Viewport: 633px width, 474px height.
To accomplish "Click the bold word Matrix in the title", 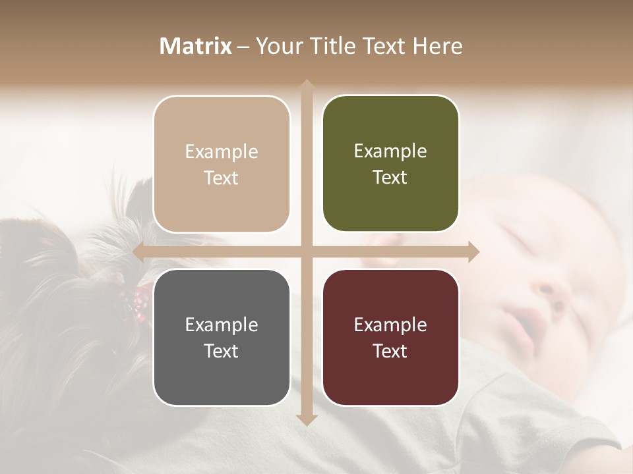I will [196, 46].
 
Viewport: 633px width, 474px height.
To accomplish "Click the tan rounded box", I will [222, 164].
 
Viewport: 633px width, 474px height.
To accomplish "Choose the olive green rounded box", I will [390, 164].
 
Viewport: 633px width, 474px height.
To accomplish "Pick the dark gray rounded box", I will [222, 337].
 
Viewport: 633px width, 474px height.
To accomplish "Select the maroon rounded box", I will [390, 337].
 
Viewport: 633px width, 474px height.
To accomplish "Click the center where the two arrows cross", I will [306, 251].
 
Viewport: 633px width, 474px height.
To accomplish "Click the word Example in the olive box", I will [390, 151].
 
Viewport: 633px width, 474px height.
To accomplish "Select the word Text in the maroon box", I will [390, 351].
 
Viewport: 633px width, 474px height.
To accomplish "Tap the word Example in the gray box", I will [222, 325].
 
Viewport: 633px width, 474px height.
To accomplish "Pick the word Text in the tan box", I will [222, 178].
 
